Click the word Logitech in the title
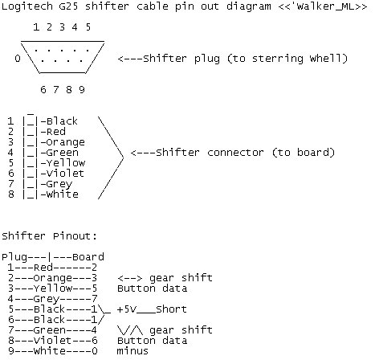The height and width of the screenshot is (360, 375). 27,6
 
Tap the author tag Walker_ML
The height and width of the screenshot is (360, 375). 324,6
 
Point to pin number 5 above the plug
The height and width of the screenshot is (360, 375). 88,27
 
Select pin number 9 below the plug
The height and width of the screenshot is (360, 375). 82,89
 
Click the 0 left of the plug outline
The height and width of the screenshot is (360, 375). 18,58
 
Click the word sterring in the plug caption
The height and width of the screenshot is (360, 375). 278,59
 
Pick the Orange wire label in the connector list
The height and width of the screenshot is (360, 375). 66,142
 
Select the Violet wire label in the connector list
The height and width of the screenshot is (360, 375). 65,174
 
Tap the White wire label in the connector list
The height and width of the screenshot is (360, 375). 63,194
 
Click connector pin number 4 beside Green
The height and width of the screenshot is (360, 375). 10,153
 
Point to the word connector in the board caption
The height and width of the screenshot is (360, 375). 235,153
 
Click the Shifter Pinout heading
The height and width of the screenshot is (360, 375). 49,236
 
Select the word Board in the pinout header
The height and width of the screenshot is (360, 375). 88,257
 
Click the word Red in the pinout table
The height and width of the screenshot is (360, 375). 43,268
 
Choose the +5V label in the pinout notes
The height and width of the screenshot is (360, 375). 127,309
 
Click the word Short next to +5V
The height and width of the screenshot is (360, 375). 171,309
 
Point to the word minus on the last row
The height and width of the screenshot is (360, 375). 132,351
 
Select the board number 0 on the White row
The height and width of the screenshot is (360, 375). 95,351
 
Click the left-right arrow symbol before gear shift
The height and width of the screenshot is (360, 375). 130,278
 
